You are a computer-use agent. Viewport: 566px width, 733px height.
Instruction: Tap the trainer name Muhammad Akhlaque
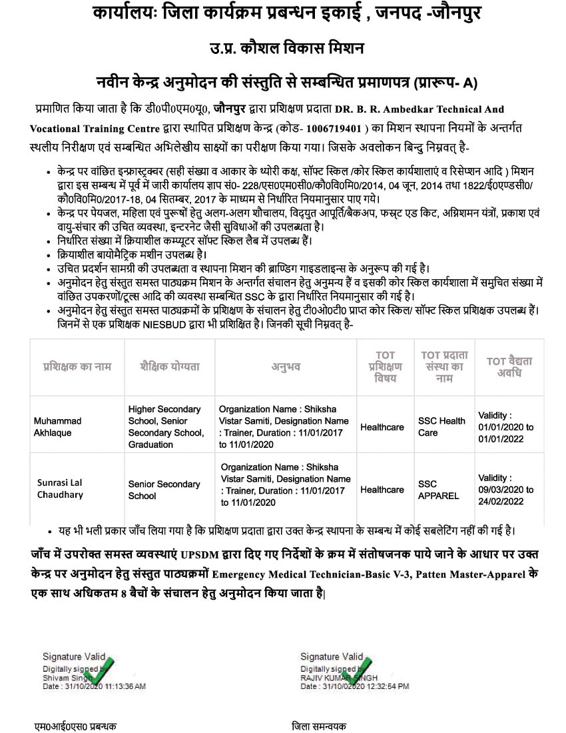click(57, 426)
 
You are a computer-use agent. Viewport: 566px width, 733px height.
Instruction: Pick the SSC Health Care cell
click(441, 426)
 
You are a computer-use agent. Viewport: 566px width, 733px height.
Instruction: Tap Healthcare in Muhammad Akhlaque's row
click(382, 427)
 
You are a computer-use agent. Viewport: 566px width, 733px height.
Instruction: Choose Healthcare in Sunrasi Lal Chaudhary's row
click(382, 490)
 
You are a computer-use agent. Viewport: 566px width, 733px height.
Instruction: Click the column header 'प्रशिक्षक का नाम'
click(77, 366)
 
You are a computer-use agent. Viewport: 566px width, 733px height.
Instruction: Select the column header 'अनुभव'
click(286, 366)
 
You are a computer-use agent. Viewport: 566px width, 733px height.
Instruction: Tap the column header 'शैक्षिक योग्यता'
click(170, 366)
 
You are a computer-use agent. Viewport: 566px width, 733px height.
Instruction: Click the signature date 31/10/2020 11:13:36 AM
click(94, 686)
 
